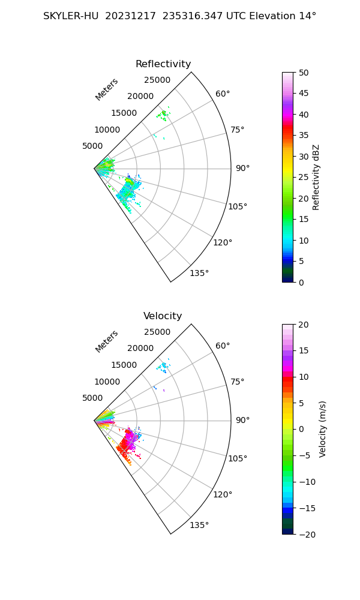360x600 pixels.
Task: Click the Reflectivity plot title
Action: tap(163, 64)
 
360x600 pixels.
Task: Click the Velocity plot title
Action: tap(163, 316)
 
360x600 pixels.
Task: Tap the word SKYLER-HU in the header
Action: tap(71, 16)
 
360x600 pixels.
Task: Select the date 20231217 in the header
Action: tap(130, 16)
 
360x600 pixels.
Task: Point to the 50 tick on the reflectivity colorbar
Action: tap(304, 73)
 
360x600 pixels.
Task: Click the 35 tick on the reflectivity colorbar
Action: tap(304, 136)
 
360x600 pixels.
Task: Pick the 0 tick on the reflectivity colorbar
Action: tap(301, 283)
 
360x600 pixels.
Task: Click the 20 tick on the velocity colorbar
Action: tap(304, 325)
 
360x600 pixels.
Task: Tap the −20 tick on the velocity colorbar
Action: tap(307, 535)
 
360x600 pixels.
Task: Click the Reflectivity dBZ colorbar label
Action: tap(316, 178)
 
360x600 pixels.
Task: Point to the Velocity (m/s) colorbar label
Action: tap(323, 430)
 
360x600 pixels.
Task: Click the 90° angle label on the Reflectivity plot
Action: tap(242, 169)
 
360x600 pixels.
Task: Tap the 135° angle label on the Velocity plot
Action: tap(199, 525)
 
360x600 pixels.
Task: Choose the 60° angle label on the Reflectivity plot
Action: tap(223, 94)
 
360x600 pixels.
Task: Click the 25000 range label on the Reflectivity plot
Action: tap(157, 80)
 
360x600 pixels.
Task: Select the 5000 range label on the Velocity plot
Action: tap(92, 398)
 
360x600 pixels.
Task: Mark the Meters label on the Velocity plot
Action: tap(107, 341)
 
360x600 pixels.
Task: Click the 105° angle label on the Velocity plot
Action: tap(238, 458)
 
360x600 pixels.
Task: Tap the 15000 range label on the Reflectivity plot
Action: tap(124, 113)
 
